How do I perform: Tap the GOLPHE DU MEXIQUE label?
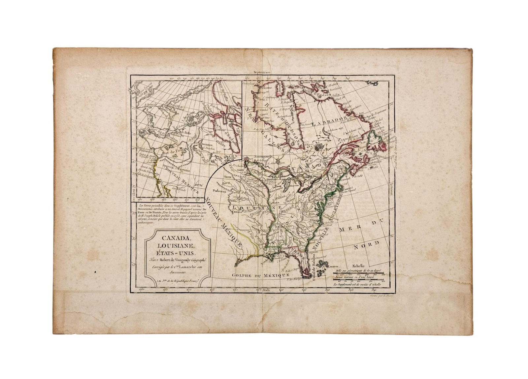click(261, 275)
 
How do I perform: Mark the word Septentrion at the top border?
click(262, 72)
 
